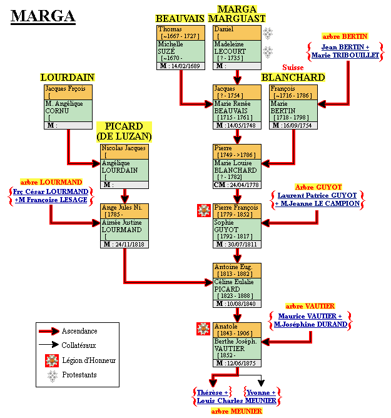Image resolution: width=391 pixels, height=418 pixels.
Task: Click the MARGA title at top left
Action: point(43,16)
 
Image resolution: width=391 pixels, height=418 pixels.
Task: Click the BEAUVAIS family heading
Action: point(180,19)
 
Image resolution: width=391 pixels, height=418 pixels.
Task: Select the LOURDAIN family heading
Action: point(67,77)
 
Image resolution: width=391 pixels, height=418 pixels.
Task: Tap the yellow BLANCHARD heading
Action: point(293,77)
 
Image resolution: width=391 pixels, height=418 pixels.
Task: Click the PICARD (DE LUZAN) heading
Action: point(124,131)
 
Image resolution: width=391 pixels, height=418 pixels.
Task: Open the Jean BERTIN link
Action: point(345,47)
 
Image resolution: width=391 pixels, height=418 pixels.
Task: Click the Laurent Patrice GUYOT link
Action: point(318,195)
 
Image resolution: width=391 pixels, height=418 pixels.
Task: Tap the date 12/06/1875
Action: point(241,364)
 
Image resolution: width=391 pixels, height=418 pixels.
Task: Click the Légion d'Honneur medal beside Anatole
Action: point(203,329)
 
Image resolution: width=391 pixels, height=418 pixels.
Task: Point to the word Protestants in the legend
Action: point(79,375)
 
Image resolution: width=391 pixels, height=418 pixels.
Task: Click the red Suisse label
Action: point(293,67)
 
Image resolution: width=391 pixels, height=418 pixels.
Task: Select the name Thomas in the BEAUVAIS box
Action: point(170,29)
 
